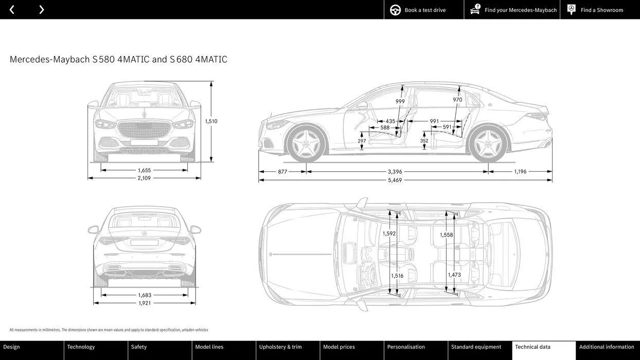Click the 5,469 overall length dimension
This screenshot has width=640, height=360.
point(395,181)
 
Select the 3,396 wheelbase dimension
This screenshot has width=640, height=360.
point(395,172)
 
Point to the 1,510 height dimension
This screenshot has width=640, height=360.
point(211,121)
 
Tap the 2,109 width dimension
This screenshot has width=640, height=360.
point(144,178)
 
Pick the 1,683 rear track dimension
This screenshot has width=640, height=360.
point(145,295)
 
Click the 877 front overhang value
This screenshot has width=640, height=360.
point(282,172)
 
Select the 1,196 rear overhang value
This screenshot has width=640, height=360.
point(520,172)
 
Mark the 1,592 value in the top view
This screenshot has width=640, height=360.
point(389,233)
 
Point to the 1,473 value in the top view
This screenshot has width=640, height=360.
point(454,275)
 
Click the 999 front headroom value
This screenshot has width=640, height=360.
point(400,101)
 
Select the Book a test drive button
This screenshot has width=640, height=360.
point(418,10)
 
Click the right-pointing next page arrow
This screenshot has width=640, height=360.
point(42,10)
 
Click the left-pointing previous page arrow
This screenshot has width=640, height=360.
point(12,10)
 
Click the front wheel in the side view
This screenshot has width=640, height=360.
point(306,143)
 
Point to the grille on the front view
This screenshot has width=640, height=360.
point(144,129)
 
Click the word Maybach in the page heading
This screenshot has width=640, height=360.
point(72,60)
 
